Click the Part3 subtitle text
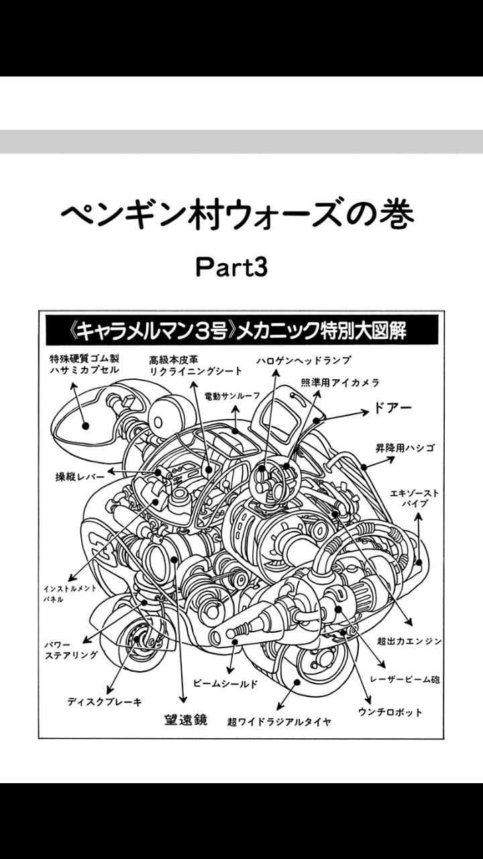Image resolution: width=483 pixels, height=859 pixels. [231, 267]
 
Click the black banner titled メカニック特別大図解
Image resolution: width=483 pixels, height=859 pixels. [241, 330]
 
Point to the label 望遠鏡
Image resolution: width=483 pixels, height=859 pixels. [186, 720]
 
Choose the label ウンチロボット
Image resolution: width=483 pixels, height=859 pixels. [390, 712]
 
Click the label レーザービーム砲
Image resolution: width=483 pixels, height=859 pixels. [409, 679]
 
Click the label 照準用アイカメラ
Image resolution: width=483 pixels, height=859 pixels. [340, 383]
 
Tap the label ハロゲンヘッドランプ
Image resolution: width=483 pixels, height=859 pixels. [303, 361]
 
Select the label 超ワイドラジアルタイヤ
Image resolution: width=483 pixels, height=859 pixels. [279, 722]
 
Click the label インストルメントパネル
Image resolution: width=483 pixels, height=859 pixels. [70, 593]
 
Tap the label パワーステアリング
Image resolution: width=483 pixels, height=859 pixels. [70, 649]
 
